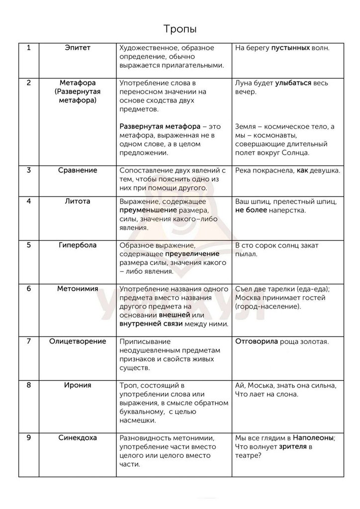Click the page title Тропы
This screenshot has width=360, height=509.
pyautogui.click(x=180, y=29)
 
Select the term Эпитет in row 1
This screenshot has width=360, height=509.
pyautogui.click(x=77, y=48)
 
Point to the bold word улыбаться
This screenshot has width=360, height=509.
pyautogui.click(x=293, y=83)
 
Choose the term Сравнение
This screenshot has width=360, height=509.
pyautogui.click(x=77, y=170)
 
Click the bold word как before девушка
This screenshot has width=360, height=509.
pyautogui.click(x=302, y=170)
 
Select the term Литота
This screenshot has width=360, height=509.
pyautogui.click(x=77, y=201)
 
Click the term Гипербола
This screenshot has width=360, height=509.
pyautogui.click(x=77, y=245)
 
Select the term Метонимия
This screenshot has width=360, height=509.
pyautogui.click(x=77, y=289)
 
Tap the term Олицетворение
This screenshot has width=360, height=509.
pyautogui.click(x=77, y=341)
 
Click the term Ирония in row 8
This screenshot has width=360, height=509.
pyautogui.click(x=77, y=385)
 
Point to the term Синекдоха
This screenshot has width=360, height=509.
pyautogui.click(x=77, y=438)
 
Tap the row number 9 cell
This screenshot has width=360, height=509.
pyautogui.click(x=29, y=438)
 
